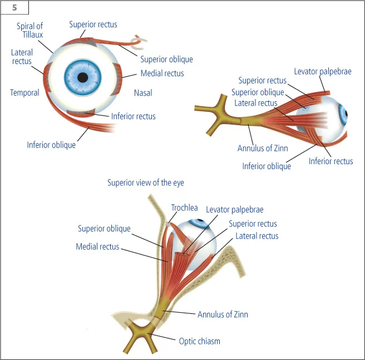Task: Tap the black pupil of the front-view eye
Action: [x=83, y=77]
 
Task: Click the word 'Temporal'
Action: [x=24, y=92]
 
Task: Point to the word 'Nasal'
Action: [x=143, y=92]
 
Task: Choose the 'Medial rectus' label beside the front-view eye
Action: [x=162, y=73]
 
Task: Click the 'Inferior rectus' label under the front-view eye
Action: [x=133, y=116]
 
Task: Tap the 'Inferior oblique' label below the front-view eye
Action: [x=51, y=145]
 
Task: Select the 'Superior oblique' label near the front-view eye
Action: [x=166, y=60]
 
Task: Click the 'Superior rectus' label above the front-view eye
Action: [x=93, y=24]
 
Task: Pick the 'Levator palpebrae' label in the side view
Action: [x=323, y=71]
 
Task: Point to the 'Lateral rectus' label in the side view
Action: [x=256, y=103]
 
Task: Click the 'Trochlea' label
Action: [x=184, y=208]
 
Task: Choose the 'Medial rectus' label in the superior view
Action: [x=97, y=246]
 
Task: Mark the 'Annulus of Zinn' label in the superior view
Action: [x=223, y=314]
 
